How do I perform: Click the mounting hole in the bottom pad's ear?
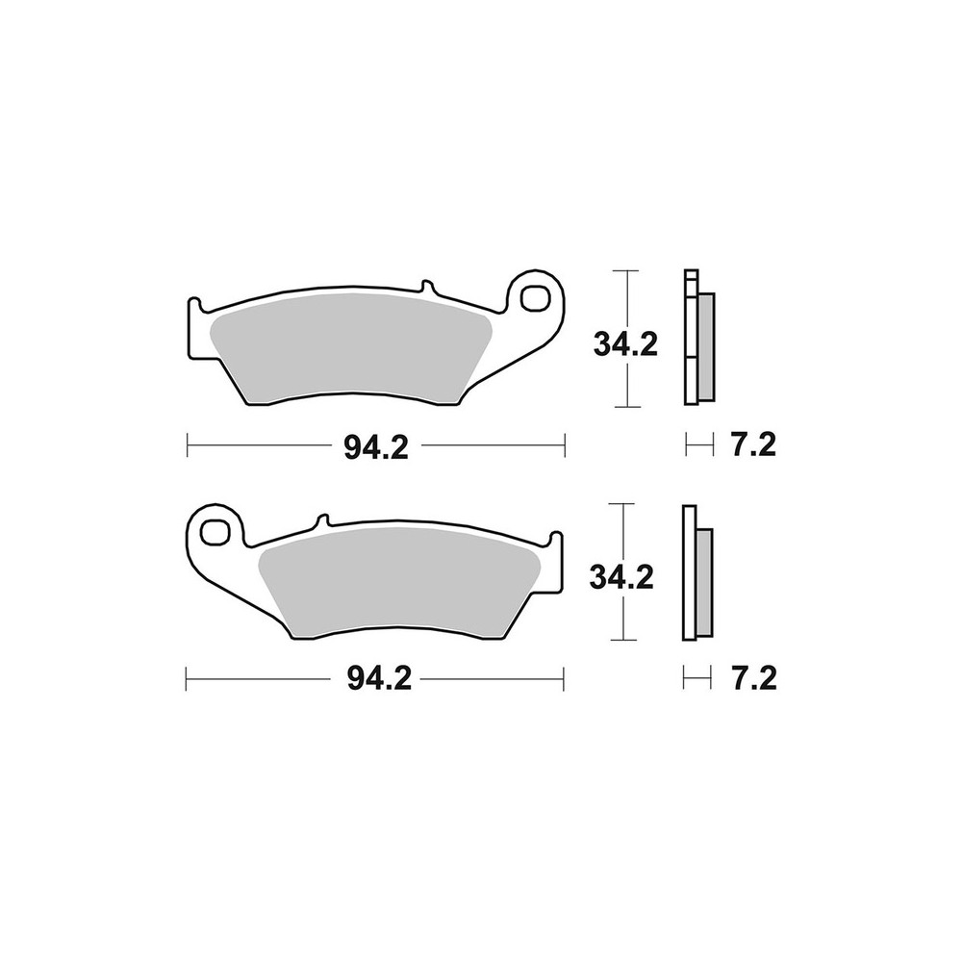point(220,532)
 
